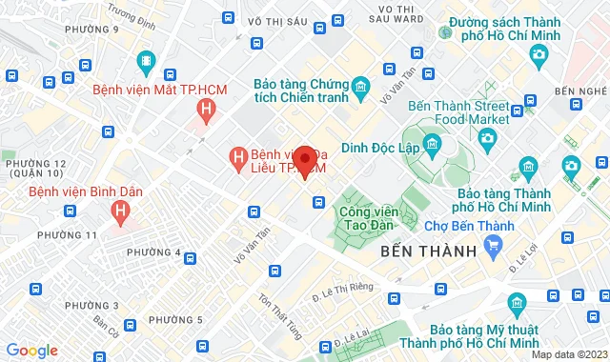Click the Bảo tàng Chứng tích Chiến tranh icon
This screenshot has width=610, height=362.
[360, 90]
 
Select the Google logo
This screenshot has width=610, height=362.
[31, 351]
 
